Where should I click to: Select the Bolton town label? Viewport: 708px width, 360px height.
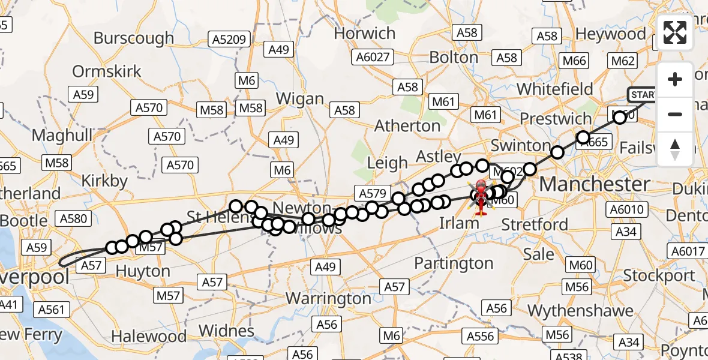[454, 58]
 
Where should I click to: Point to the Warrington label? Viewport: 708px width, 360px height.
[328, 298]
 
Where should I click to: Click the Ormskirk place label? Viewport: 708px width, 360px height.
[107, 71]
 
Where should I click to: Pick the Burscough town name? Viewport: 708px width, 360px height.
[134, 38]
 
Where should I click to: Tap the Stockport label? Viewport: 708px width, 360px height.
[659, 275]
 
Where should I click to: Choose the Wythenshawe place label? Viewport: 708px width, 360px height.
[580, 311]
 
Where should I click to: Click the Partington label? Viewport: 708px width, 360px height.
[454, 263]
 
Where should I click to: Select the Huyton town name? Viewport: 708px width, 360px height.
[143, 272]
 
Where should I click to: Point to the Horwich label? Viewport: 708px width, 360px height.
[364, 34]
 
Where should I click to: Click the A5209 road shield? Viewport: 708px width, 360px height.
[229, 40]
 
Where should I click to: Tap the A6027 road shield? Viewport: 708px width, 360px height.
[373, 58]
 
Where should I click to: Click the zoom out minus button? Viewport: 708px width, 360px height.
[675, 114]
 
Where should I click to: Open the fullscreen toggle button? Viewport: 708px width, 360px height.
[675, 33]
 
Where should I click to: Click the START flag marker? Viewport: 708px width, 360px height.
[642, 95]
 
